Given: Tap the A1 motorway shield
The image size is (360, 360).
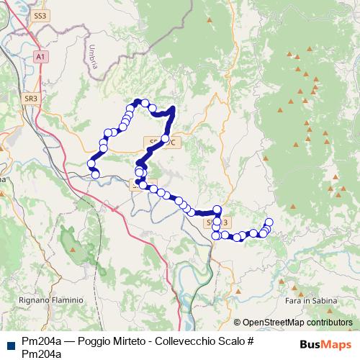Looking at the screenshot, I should pyautogui.click(x=41, y=55).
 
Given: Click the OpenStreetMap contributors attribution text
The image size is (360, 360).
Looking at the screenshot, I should pyautogui.click(x=297, y=323).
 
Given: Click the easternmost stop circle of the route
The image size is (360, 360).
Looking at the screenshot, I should pyautogui.click(x=270, y=222).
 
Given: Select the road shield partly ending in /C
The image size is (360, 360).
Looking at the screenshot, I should pyautogui.click(x=163, y=142).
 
